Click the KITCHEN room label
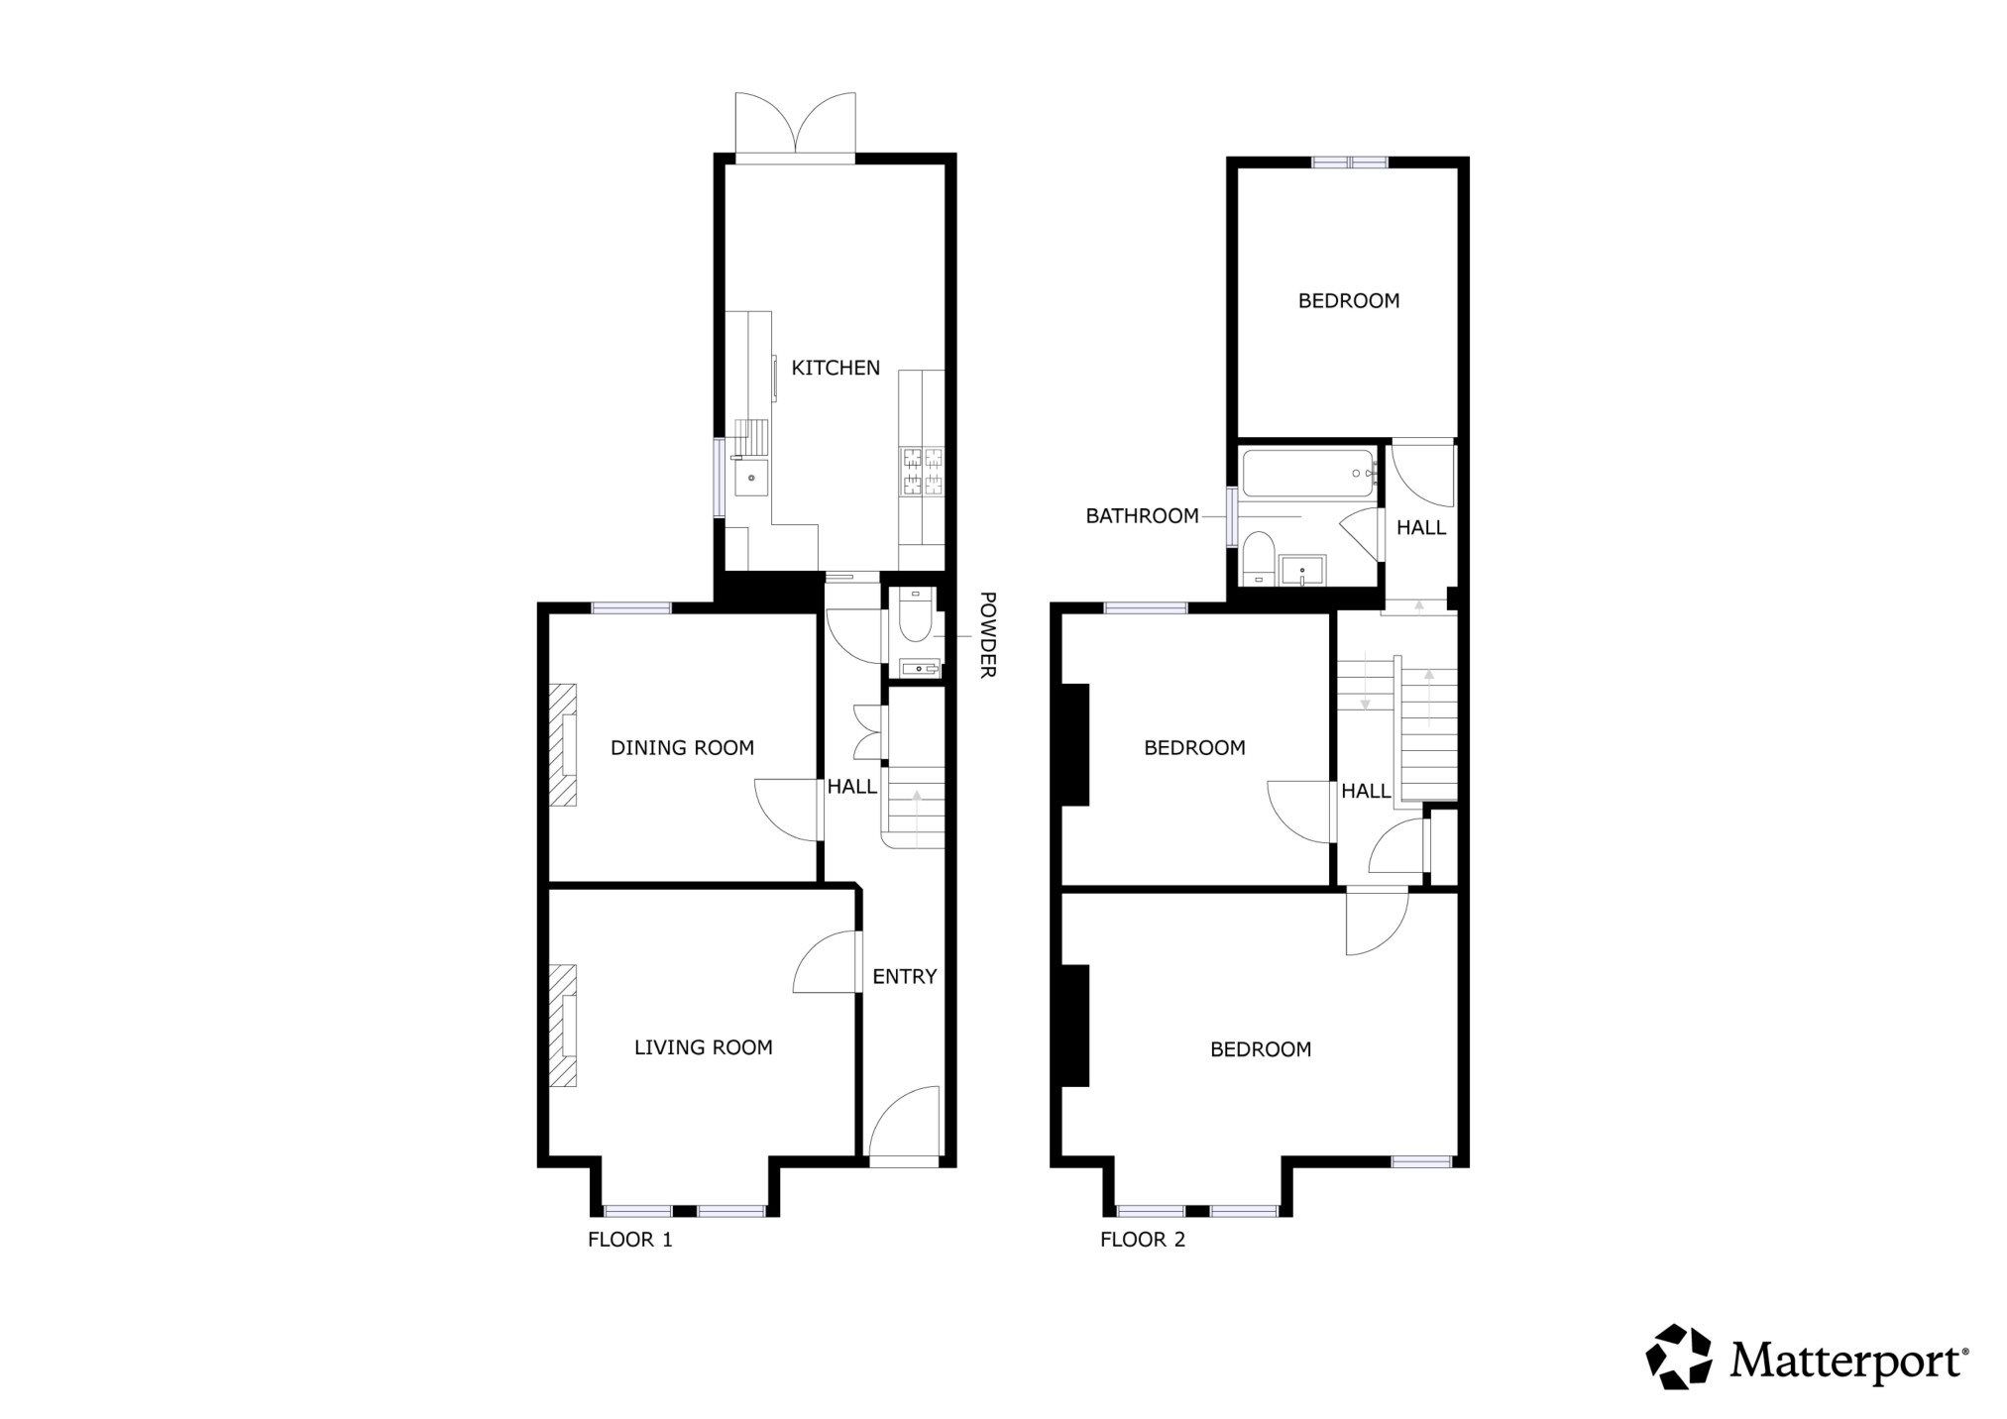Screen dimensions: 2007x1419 click(x=836, y=368)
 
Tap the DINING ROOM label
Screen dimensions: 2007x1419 click(x=682, y=748)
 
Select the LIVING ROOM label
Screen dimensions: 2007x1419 click(x=703, y=1047)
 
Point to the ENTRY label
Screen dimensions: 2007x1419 click(x=904, y=977)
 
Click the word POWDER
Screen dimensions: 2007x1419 click(x=987, y=634)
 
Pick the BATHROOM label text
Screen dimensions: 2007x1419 click(x=1142, y=516)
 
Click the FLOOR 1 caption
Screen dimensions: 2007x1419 click(x=629, y=1240)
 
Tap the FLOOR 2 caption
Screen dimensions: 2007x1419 click(x=1142, y=1240)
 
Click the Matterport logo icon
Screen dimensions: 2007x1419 click(x=1679, y=1357)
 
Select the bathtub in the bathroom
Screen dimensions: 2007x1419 click(x=1308, y=473)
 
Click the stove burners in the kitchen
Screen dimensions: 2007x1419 click(x=922, y=472)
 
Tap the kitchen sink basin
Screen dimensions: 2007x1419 click(x=752, y=479)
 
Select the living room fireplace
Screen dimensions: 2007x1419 click(x=564, y=1026)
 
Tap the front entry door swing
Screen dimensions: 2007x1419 click(x=904, y=1123)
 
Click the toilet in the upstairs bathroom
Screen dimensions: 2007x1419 click(x=1258, y=558)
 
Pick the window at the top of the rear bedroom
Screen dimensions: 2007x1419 click(x=1349, y=163)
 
